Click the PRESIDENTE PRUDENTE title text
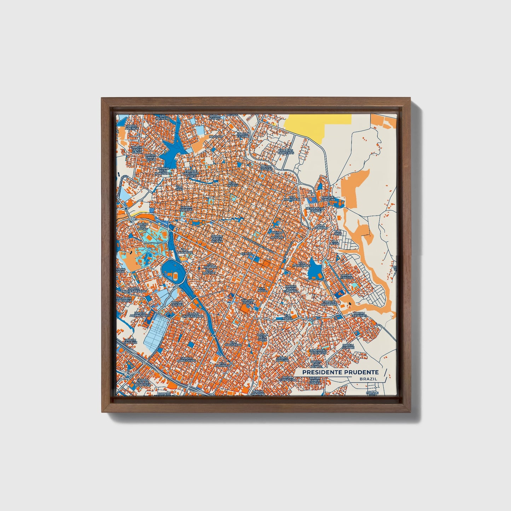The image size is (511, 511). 340,372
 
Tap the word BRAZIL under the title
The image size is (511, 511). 368,379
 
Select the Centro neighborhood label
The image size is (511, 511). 246,254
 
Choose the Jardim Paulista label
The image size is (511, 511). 187,209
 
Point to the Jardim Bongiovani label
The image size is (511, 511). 187,359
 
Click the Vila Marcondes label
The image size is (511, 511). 301,264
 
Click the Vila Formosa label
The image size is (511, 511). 223,364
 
